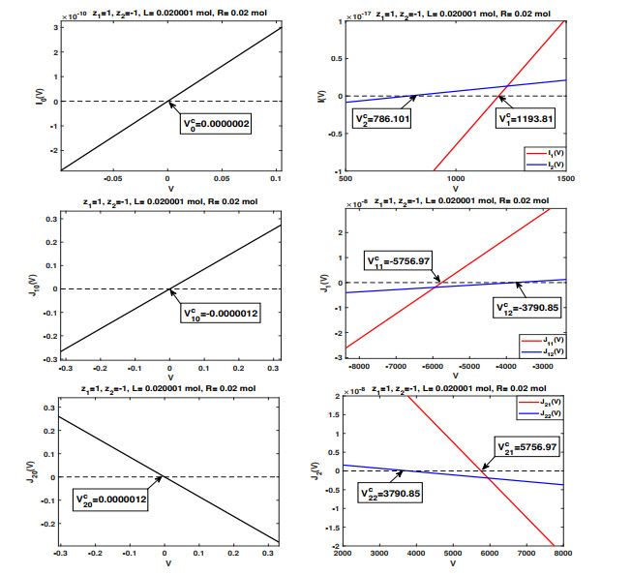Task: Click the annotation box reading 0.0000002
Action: (218, 125)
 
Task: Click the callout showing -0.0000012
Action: (221, 313)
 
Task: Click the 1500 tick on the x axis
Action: (563, 179)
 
